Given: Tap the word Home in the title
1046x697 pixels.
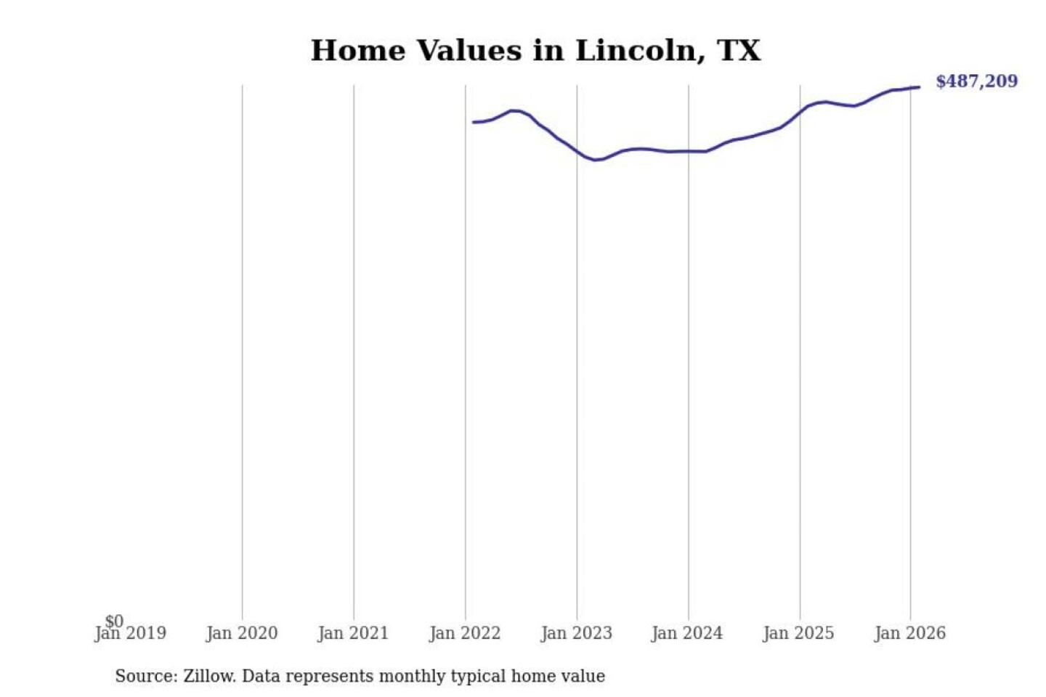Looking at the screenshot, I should [357, 51].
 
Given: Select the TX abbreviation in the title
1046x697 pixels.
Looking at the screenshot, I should [739, 51].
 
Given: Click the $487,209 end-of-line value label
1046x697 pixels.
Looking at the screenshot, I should [976, 81].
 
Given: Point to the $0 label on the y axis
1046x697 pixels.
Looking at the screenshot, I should [114, 621].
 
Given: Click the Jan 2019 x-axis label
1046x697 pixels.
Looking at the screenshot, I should [131, 634].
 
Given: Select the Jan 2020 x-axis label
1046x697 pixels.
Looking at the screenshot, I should [242, 634].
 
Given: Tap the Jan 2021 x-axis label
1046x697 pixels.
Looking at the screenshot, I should [353, 634].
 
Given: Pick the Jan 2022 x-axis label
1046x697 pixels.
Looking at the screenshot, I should [465, 634].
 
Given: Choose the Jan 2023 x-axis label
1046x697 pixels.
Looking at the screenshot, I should [577, 634].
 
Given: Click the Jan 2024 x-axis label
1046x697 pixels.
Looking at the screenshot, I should [687, 634].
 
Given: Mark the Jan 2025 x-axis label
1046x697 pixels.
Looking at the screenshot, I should [799, 634].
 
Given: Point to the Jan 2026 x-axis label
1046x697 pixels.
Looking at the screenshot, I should [910, 634].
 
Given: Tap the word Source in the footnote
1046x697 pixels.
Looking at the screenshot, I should [145, 677].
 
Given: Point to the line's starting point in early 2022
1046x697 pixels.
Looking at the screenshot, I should [474, 122].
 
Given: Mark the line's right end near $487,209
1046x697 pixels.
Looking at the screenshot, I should [919, 87].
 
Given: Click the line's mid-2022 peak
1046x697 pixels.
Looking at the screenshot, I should [515, 110].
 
